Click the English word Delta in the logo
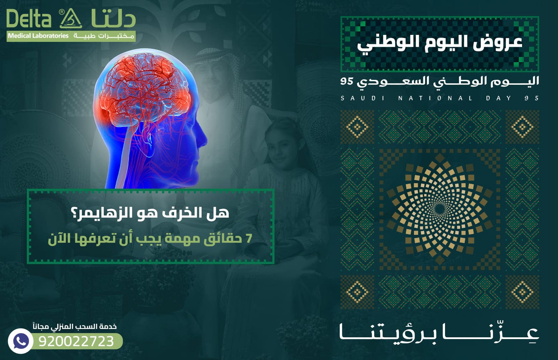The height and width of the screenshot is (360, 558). pos(29,19)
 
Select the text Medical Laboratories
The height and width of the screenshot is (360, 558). pos(38,36)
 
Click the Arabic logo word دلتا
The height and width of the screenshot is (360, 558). pos(113,19)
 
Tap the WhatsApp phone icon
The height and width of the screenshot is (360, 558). pos(20,341)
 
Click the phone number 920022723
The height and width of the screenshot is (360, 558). pos(76,341)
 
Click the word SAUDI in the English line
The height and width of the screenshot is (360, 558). pos(363,98)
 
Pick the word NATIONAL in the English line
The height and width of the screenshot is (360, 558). pos(435,98)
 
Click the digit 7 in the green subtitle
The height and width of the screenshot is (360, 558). pos(249,238)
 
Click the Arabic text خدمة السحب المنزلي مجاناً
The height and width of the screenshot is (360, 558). pos(75,327)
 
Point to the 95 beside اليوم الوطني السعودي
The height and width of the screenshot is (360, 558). pos(347,82)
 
